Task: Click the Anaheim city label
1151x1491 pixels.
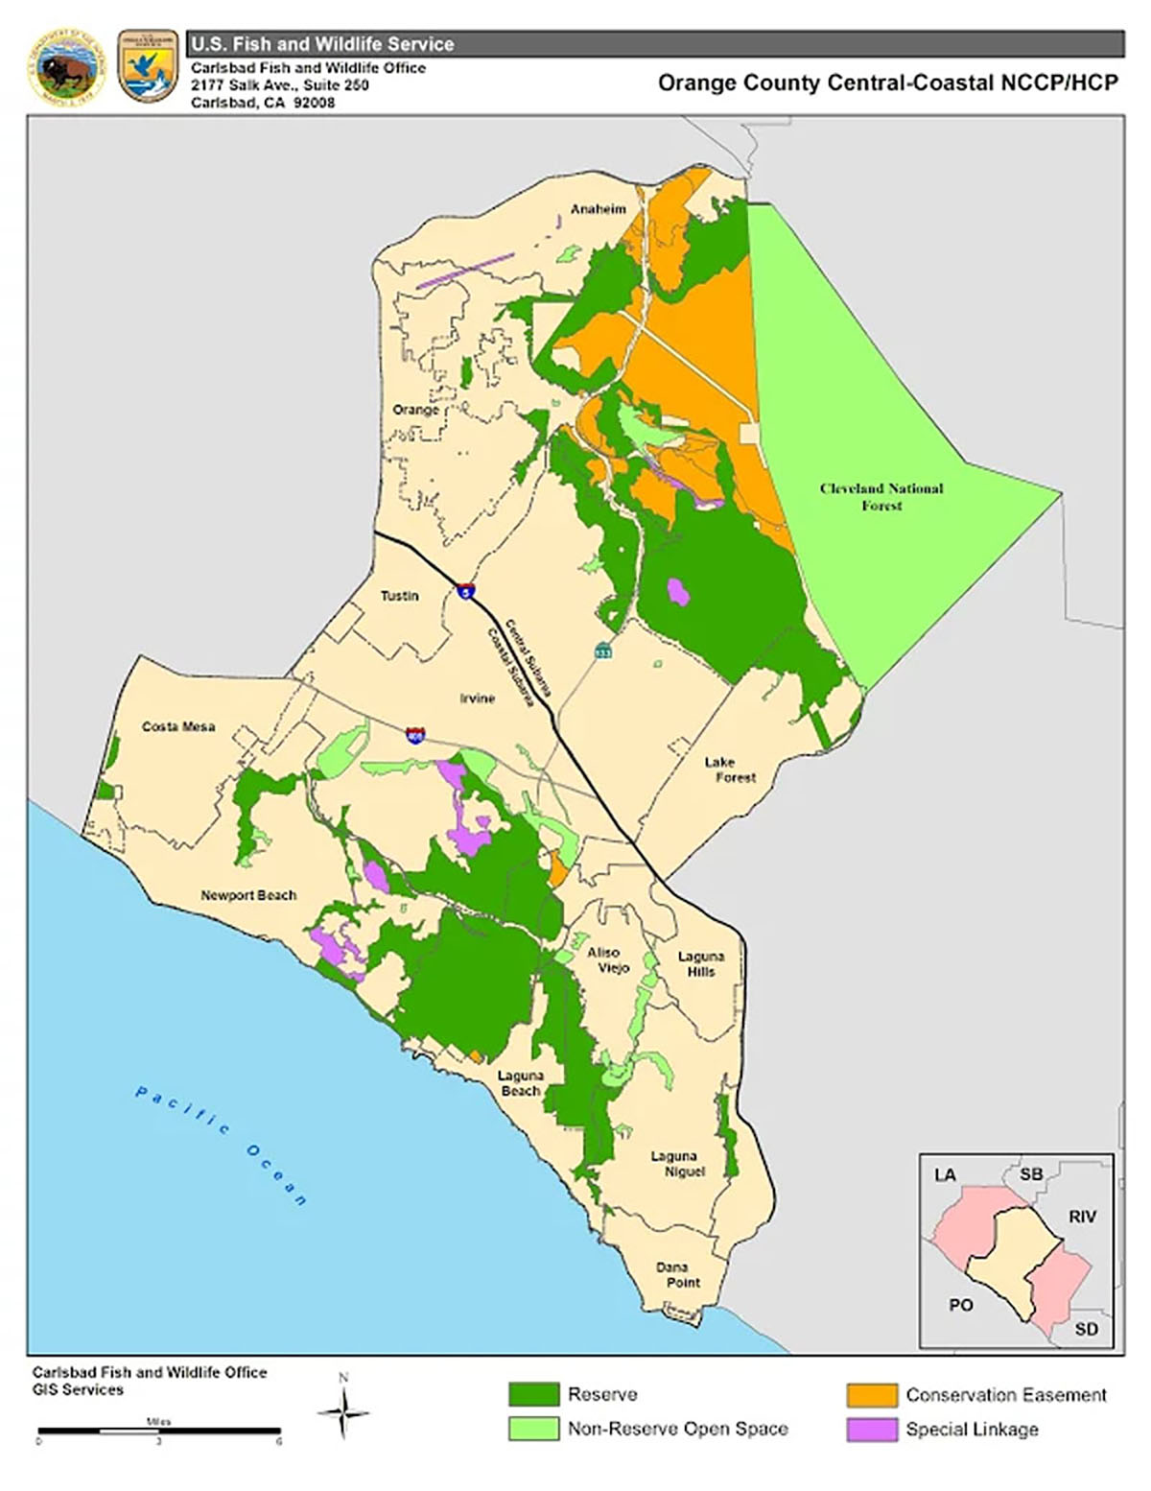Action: coord(598,209)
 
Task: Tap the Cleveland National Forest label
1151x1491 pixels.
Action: coord(881,496)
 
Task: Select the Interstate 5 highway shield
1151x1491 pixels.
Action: coord(465,592)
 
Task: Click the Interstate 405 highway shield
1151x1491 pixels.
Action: coord(415,736)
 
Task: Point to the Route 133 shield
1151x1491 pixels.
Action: coord(602,651)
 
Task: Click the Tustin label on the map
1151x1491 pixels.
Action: coord(399,596)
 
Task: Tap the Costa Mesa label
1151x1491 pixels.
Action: coord(178,726)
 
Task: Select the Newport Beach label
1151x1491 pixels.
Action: coord(248,895)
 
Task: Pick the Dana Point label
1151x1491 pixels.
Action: coord(678,1274)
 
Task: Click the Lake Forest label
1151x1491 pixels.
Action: coord(730,769)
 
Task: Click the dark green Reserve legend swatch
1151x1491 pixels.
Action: coord(533,1394)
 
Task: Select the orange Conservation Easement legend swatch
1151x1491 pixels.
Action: coord(871,1394)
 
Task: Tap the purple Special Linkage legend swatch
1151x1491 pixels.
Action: coord(871,1430)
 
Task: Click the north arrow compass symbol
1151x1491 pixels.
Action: coord(343,1410)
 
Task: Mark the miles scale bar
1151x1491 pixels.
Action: coord(159,1432)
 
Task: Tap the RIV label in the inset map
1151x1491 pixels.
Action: coord(1082,1217)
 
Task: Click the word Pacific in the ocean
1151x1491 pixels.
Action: coord(182,1110)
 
